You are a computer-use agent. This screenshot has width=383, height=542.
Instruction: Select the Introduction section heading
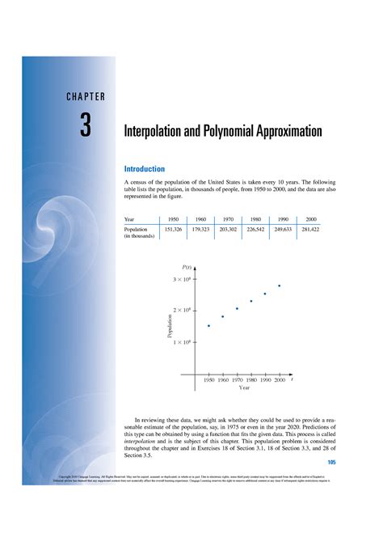coord(143,169)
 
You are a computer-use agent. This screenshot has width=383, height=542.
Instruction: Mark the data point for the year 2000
coord(280,286)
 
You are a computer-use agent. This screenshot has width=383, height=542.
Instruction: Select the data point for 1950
coord(208,325)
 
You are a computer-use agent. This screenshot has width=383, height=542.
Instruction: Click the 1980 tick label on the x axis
coord(251,379)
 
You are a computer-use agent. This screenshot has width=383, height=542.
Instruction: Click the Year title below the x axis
coord(244,388)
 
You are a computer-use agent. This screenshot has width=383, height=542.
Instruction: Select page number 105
coord(331,463)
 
